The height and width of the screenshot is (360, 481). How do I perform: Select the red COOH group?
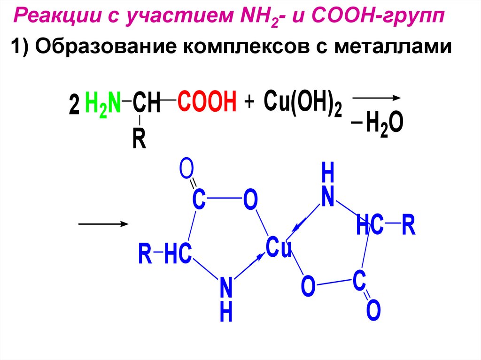tap(207, 102)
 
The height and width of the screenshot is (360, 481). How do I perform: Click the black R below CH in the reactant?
tap(139, 139)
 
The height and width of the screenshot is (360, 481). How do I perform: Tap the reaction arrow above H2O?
tap(376, 98)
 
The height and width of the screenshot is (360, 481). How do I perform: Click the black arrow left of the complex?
tap(103, 224)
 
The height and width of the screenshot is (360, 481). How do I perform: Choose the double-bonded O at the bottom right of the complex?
tap(373, 311)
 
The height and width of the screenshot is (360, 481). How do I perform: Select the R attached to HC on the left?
tap(145, 254)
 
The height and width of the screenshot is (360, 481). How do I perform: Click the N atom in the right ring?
tap(327, 197)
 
